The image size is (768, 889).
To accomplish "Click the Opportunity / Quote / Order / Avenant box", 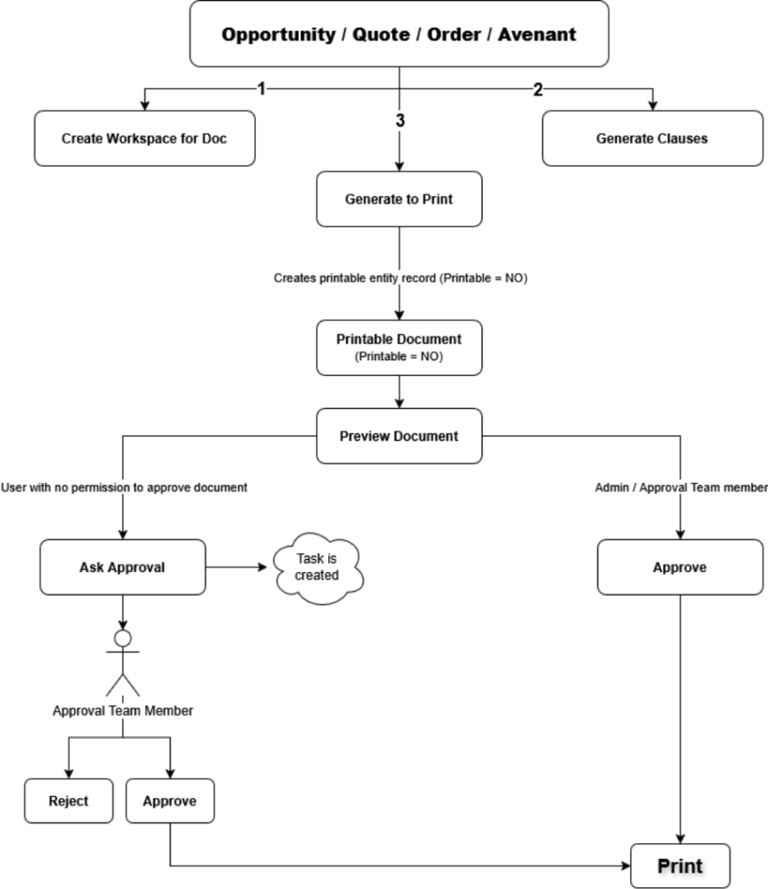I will [x=399, y=35].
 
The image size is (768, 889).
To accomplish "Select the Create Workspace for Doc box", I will [x=145, y=138].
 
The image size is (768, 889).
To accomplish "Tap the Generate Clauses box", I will [x=652, y=138].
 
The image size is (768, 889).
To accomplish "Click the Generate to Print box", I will [x=399, y=199].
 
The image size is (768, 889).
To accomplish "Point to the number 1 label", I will [x=261, y=89].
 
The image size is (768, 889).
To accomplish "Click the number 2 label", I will [x=537, y=89].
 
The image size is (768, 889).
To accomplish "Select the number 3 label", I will [x=400, y=121].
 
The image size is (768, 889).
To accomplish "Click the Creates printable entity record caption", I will [x=400, y=279].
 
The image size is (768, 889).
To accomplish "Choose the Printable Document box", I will [x=399, y=347].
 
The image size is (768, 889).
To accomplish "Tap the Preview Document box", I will [x=399, y=436].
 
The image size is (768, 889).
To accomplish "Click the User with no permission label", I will [x=124, y=488].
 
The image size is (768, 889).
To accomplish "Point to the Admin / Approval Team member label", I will [x=680, y=488].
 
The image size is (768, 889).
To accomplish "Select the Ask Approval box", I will [x=122, y=567].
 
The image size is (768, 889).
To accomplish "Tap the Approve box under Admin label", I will [x=679, y=567].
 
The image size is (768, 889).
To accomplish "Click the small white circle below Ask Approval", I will [x=123, y=639].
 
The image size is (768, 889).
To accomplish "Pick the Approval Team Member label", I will [x=123, y=711].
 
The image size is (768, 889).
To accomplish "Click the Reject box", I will [x=69, y=800].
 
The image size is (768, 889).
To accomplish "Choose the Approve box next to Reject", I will [x=170, y=800].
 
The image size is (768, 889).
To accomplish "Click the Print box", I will [x=680, y=866].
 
